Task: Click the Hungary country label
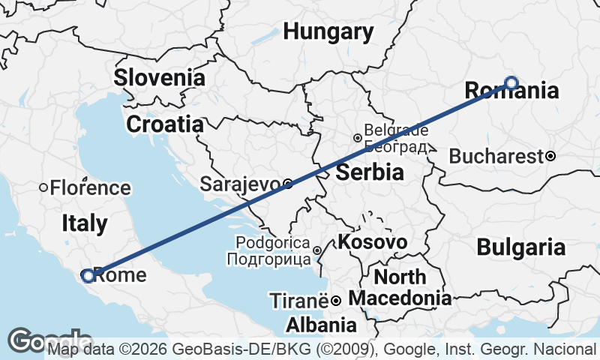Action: tap(328, 32)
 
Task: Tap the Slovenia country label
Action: tap(159, 77)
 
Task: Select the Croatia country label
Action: tap(165, 124)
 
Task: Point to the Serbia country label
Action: tap(370, 172)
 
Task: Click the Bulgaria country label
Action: tap(521, 247)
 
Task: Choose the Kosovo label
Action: tap(373, 242)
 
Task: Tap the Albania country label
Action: tap(321, 325)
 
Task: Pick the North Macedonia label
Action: tap(400, 287)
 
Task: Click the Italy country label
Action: tap(84, 223)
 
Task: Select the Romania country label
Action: tap(512, 91)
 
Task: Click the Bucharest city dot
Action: tap(550, 156)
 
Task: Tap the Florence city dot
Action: tap(44, 187)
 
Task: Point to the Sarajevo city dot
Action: tap(288, 183)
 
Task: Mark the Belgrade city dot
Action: tap(358, 138)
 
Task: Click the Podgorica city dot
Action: tap(317, 250)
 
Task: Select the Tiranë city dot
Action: tap(336, 301)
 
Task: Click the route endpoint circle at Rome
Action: tap(88, 276)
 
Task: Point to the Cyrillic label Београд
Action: tap(394, 146)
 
